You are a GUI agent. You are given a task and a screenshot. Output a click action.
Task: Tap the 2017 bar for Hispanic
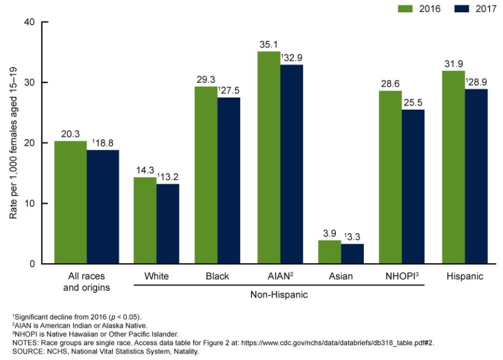(x=476, y=176)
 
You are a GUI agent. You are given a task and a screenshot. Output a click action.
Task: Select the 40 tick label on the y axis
(x=29, y=22)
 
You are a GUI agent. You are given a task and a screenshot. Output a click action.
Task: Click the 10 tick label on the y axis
(x=29, y=203)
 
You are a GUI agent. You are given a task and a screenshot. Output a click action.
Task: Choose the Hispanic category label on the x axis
(x=465, y=276)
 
